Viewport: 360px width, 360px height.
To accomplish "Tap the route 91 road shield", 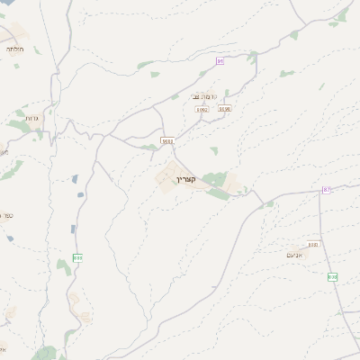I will pyautogui.click(x=220, y=60).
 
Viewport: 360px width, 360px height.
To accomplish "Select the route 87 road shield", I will pyautogui.click(x=326, y=190).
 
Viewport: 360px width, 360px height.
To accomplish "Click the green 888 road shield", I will pyautogui.click(x=78, y=257).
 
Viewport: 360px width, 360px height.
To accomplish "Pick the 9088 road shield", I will pyautogui.click(x=168, y=140).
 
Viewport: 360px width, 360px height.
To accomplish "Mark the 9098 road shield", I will pyautogui.click(x=225, y=109).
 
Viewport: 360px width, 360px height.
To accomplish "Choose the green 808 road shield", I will pyautogui.click(x=333, y=277).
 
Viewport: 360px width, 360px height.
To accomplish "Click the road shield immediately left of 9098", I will pyautogui.click(x=202, y=110).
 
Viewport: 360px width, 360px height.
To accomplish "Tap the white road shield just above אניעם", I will pyautogui.click(x=313, y=244).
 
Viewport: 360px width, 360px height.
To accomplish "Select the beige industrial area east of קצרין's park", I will pyautogui.click(x=235, y=186).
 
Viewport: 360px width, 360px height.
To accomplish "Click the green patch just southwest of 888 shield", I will pyautogui.click(x=63, y=265).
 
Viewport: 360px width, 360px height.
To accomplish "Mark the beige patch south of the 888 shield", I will pyautogui.click(x=85, y=316).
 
